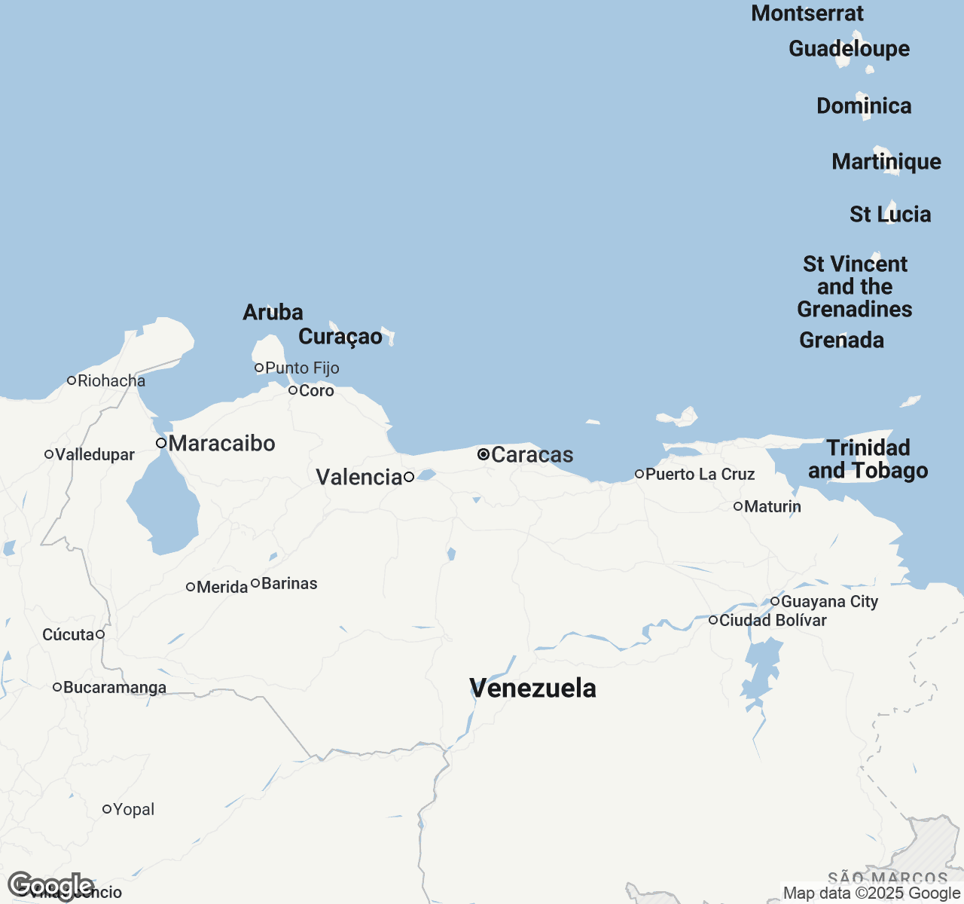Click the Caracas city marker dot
tap(484, 454)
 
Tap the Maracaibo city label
tap(221, 443)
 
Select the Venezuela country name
tap(532, 688)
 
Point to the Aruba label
tap(273, 312)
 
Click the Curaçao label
tap(340, 336)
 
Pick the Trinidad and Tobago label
tap(868, 459)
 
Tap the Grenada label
tap(841, 340)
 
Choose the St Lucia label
tap(890, 214)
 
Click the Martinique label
tap(886, 161)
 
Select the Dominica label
tap(864, 105)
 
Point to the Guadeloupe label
tap(849, 48)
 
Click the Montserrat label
tap(807, 13)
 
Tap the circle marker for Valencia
tap(409, 477)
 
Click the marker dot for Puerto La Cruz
tap(639, 474)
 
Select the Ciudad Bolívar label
tap(773, 620)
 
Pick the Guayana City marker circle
tap(775, 601)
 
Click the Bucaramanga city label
tap(114, 687)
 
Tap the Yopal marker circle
tap(107, 809)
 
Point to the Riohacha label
tap(111, 380)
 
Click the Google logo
tap(50, 886)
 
